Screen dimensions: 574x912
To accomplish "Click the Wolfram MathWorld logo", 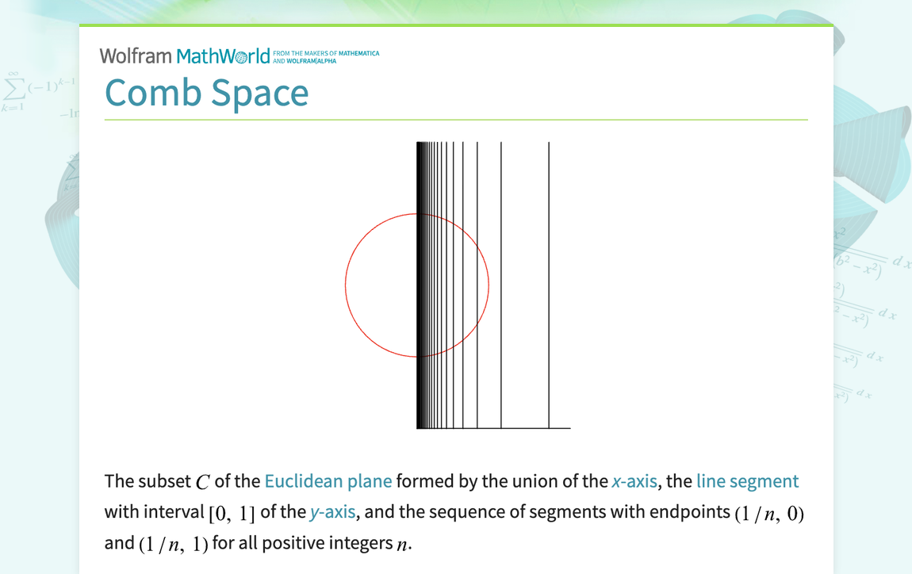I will tap(185, 55).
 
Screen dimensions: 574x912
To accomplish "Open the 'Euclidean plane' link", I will tap(328, 481).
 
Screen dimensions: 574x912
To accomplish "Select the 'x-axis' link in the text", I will tap(634, 481).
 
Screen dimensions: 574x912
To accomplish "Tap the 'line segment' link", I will tap(747, 481).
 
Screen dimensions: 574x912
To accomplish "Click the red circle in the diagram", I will tap(347, 285).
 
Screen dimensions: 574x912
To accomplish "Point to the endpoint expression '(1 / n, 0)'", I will tap(768, 513).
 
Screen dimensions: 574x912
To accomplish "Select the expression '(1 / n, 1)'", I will tap(173, 544).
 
